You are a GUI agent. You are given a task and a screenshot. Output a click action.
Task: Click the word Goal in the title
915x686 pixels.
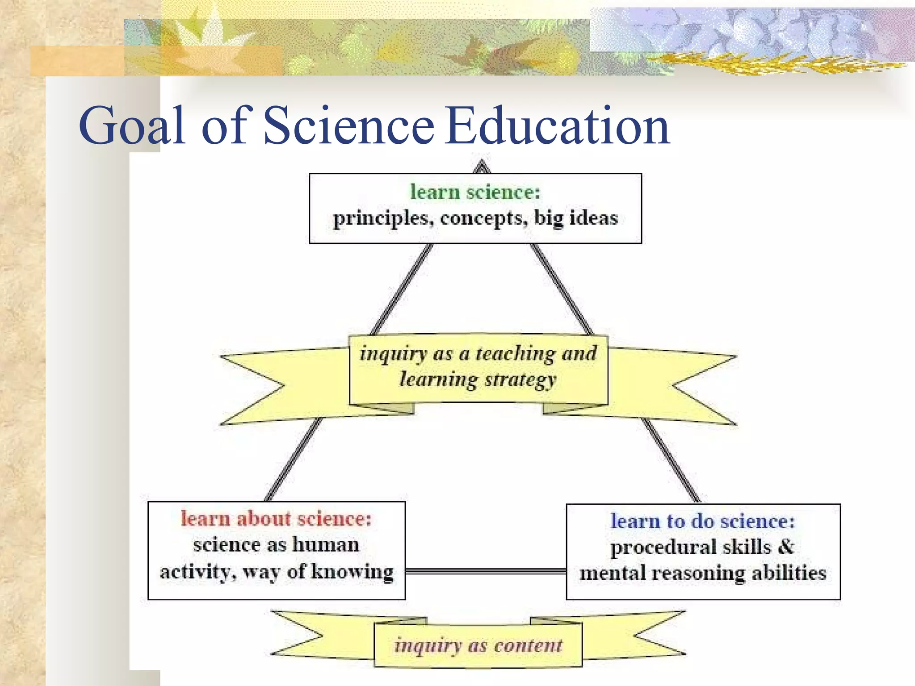click(x=132, y=126)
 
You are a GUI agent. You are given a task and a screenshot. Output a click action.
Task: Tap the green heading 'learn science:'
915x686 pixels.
click(x=475, y=192)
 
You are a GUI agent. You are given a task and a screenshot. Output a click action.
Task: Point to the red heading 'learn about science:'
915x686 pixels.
click(x=276, y=519)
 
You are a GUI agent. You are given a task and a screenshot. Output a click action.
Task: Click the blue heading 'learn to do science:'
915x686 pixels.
click(x=703, y=521)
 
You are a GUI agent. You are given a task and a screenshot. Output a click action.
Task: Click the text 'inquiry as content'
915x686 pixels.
click(x=478, y=645)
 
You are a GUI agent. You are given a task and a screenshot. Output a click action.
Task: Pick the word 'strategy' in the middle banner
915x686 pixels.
click(x=520, y=380)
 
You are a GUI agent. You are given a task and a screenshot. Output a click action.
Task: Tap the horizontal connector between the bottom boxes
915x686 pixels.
click(x=486, y=571)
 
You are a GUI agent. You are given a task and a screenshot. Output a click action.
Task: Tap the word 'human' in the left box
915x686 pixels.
click(x=326, y=545)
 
